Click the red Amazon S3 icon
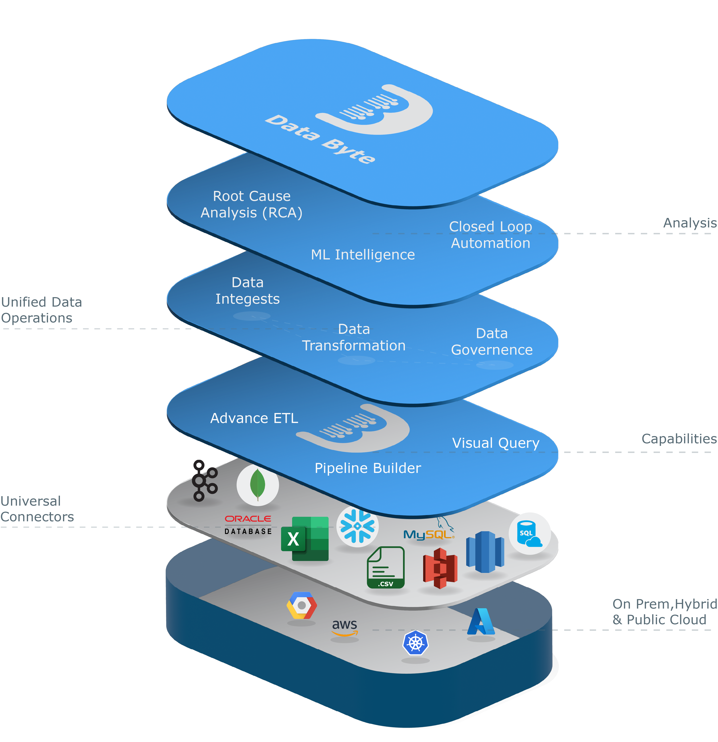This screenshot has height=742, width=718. click(x=440, y=568)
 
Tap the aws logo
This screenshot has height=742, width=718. click(x=344, y=627)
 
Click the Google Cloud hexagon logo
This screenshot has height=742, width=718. click(x=301, y=605)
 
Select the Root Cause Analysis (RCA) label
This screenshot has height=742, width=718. click(x=251, y=204)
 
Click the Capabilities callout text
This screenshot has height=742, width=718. click(x=679, y=439)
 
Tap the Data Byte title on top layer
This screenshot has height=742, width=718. click(x=320, y=139)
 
